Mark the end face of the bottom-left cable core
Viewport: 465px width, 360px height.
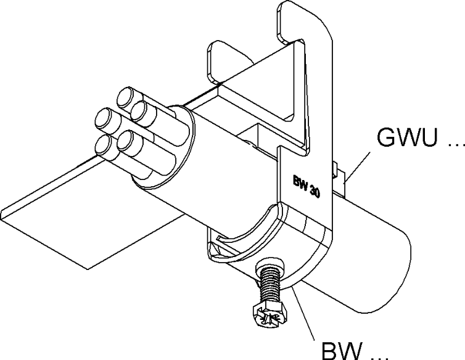pyautogui.click(x=108, y=145)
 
